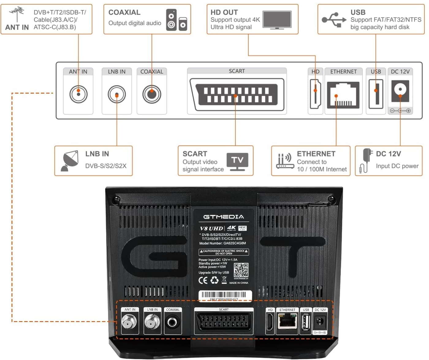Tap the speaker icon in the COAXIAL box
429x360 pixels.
(177, 20)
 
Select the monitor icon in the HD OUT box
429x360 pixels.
(277, 20)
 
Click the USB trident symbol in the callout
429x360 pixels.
(334, 20)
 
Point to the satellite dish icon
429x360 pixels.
(70, 161)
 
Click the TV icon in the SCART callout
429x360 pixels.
(237, 161)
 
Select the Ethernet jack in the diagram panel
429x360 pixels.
(343, 95)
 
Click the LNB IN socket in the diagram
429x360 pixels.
(117, 94)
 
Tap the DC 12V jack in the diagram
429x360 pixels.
(400, 91)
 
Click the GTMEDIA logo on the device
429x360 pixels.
(224, 217)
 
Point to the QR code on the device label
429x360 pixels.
(241, 270)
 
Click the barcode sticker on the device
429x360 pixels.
(225, 295)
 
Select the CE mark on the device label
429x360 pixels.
(203, 280)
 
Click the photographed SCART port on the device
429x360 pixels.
(224, 322)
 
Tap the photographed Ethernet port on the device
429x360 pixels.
(287, 322)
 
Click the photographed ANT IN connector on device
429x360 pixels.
(130, 322)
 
